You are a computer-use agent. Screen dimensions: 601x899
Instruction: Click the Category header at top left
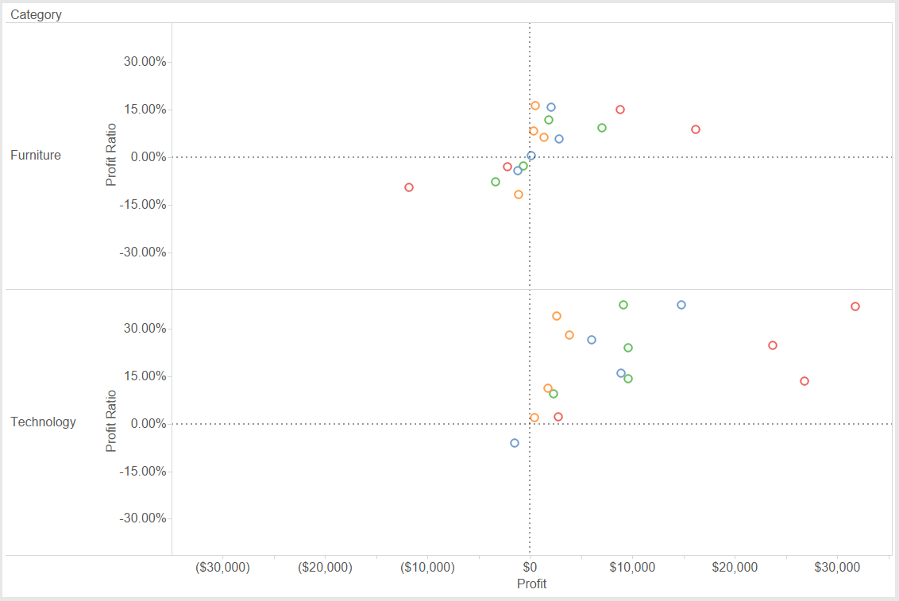pos(36,14)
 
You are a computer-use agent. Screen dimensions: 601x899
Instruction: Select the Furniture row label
pos(36,156)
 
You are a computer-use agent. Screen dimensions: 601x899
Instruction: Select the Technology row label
pos(43,422)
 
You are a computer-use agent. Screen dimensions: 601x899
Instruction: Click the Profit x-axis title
pos(531,584)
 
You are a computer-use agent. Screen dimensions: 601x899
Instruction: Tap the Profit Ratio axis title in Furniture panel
pos(111,155)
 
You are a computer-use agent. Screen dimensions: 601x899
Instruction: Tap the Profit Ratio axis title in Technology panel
pos(111,421)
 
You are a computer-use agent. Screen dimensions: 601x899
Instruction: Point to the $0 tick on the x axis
pos(530,568)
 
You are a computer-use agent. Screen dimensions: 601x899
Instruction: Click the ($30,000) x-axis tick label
pos(222,568)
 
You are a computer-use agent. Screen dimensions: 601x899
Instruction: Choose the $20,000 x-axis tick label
pos(735,568)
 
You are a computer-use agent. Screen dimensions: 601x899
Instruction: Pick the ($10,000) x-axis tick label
pos(427,568)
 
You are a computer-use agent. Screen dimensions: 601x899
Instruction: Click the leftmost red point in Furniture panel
pos(409,187)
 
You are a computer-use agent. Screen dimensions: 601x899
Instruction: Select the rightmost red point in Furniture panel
pos(696,129)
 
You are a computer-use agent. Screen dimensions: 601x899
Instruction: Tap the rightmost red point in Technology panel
pos(855,306)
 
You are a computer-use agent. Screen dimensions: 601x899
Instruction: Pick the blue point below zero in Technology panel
pos(515,443)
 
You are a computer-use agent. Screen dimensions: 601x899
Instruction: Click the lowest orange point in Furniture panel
pos(519,195)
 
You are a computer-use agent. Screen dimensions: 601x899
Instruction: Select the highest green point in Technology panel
pos(623,305)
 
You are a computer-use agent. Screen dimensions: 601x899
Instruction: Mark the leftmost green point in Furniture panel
pos(496,182)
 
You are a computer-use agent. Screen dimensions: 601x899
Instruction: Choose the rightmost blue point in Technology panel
pos(681,305)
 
